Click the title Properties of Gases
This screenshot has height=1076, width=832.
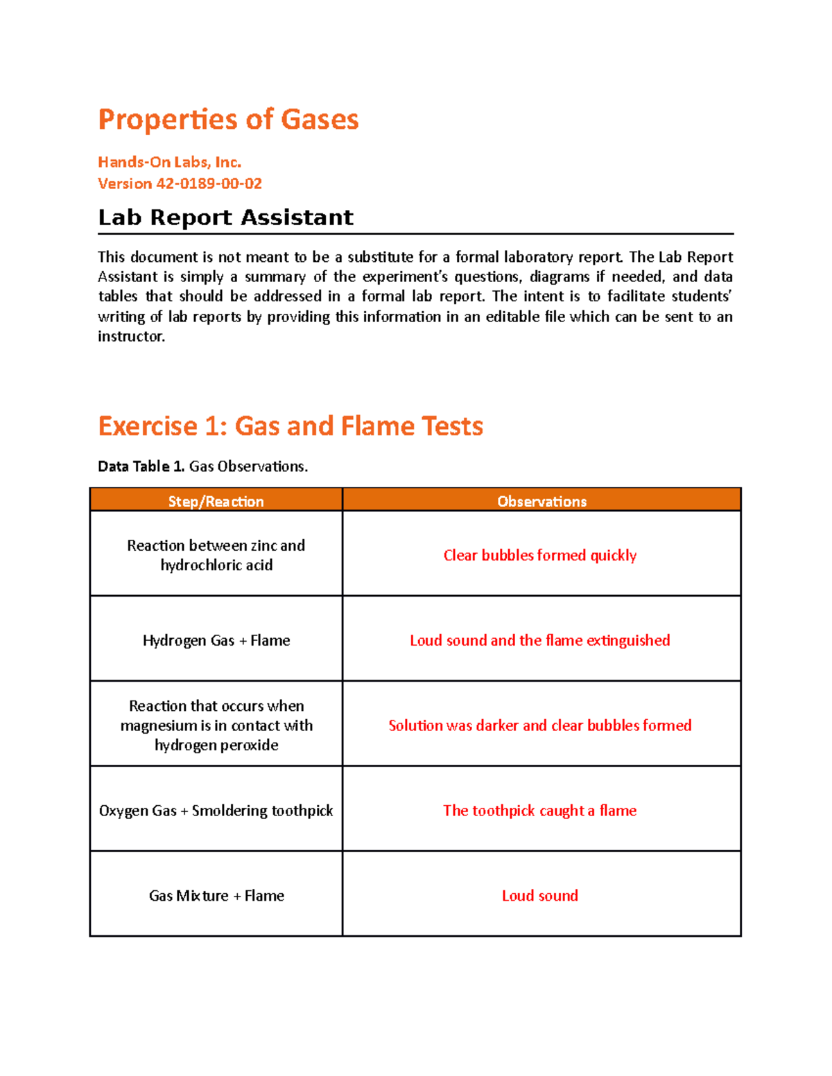click(x=228, y=119)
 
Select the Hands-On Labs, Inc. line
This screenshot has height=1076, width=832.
click(x=169, y=162)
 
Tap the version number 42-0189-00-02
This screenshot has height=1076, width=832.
click(x=209, y=184)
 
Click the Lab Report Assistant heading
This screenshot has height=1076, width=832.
click(x=225, y=218)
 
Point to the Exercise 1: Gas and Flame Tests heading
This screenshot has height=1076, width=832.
click(x=290, y=425)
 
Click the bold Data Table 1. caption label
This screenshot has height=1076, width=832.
click(x=141, y=466)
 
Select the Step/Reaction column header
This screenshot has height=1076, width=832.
click(x=216, y=501)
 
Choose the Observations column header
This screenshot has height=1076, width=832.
click(x=541, y=501)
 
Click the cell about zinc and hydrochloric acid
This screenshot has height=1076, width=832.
click(x=216, y=555)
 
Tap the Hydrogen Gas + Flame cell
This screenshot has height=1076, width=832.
click(x=216, y=640)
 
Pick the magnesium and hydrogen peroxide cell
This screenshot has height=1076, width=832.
click(x=216, y=725)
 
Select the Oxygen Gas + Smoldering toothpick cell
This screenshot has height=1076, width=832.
click(x=216, y=811)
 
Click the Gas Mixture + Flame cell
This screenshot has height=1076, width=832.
click(x=216, y=896)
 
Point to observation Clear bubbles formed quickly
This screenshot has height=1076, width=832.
click(x=539, y=555)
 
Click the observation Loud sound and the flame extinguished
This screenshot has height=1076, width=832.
click(x=539, y=640)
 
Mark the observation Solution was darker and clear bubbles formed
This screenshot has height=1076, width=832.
click(x=539, y=725)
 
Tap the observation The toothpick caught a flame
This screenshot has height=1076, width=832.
click(x=539, y=811)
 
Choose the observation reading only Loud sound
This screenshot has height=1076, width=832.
click(x=539, y=896)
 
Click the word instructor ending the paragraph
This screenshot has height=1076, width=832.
click(x=131, y=337)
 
